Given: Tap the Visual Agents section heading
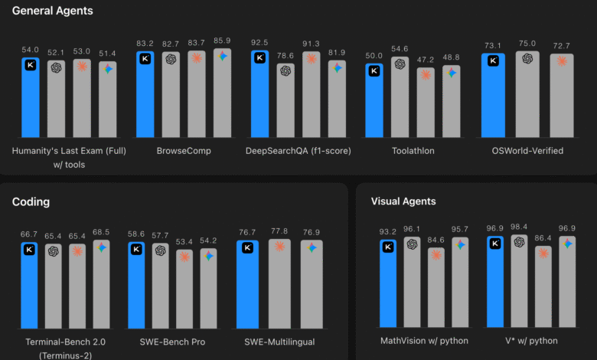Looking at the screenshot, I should tap(403, 201).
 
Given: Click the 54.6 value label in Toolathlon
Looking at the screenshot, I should tap(400, 48).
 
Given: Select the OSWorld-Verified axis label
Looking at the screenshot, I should tap(527, 151).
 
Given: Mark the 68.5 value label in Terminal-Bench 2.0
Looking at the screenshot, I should tap(101, 231).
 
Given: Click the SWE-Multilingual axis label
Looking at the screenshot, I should tap(279, 341).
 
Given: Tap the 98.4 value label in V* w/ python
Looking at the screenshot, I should tap(520, 227).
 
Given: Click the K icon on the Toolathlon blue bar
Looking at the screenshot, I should tap(374, 71).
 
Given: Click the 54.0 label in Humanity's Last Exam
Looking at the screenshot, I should tap(31, 49).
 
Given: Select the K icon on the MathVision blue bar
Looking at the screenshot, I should tap(388, 247).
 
